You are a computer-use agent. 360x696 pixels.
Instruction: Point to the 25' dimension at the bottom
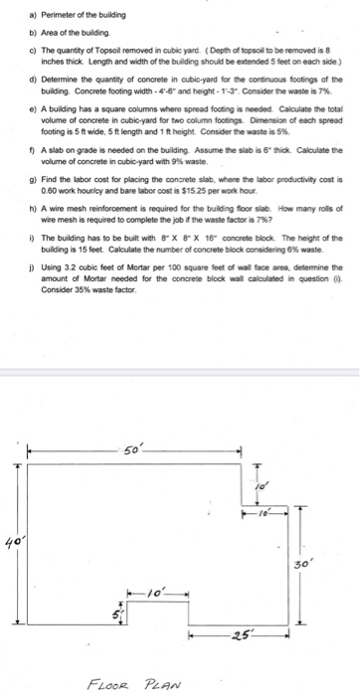pyautogui.click(x=245, y=633)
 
